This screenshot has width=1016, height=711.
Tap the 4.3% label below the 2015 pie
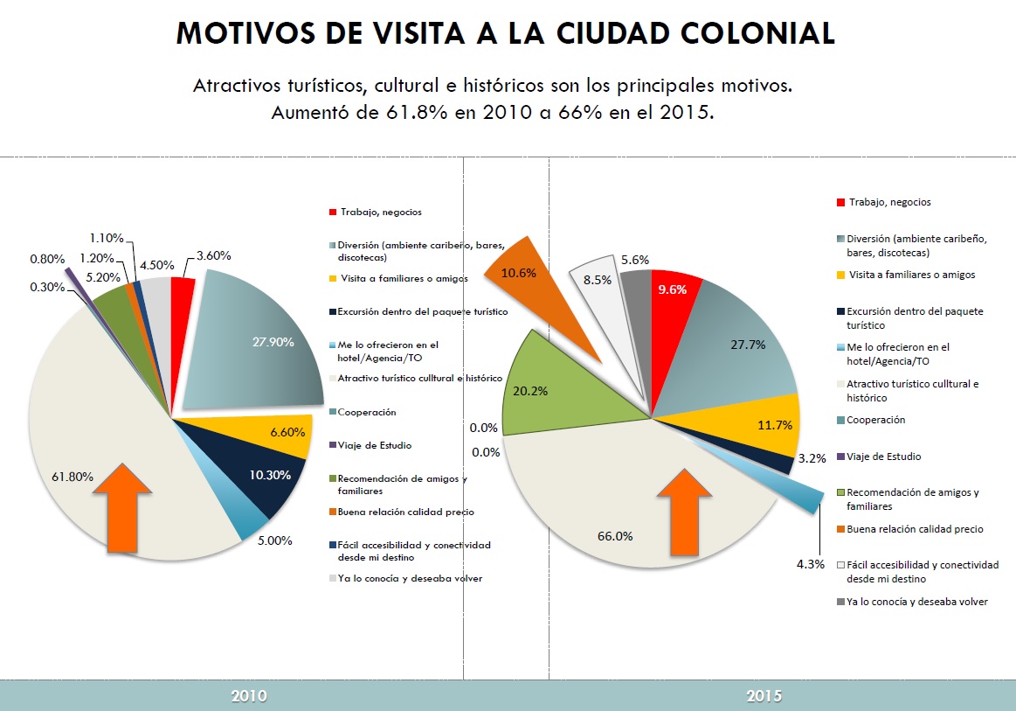pyautogui.click(x=809, y=564)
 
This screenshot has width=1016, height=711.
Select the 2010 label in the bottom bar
pyautogui.click(x=249, y=696)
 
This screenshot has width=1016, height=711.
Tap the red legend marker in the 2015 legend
pyautogui.click(x=840, y=203)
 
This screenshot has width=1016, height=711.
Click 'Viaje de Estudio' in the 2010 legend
pyautogui.click(x=375, y=445)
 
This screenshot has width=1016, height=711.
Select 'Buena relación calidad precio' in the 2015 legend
pyautogui.click(x=916, y=528)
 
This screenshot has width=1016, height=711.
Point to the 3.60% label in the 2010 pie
pyautogui.click(x=213, y=256)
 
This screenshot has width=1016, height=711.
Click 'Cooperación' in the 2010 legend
pyautogui.click(x=368, y=412)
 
